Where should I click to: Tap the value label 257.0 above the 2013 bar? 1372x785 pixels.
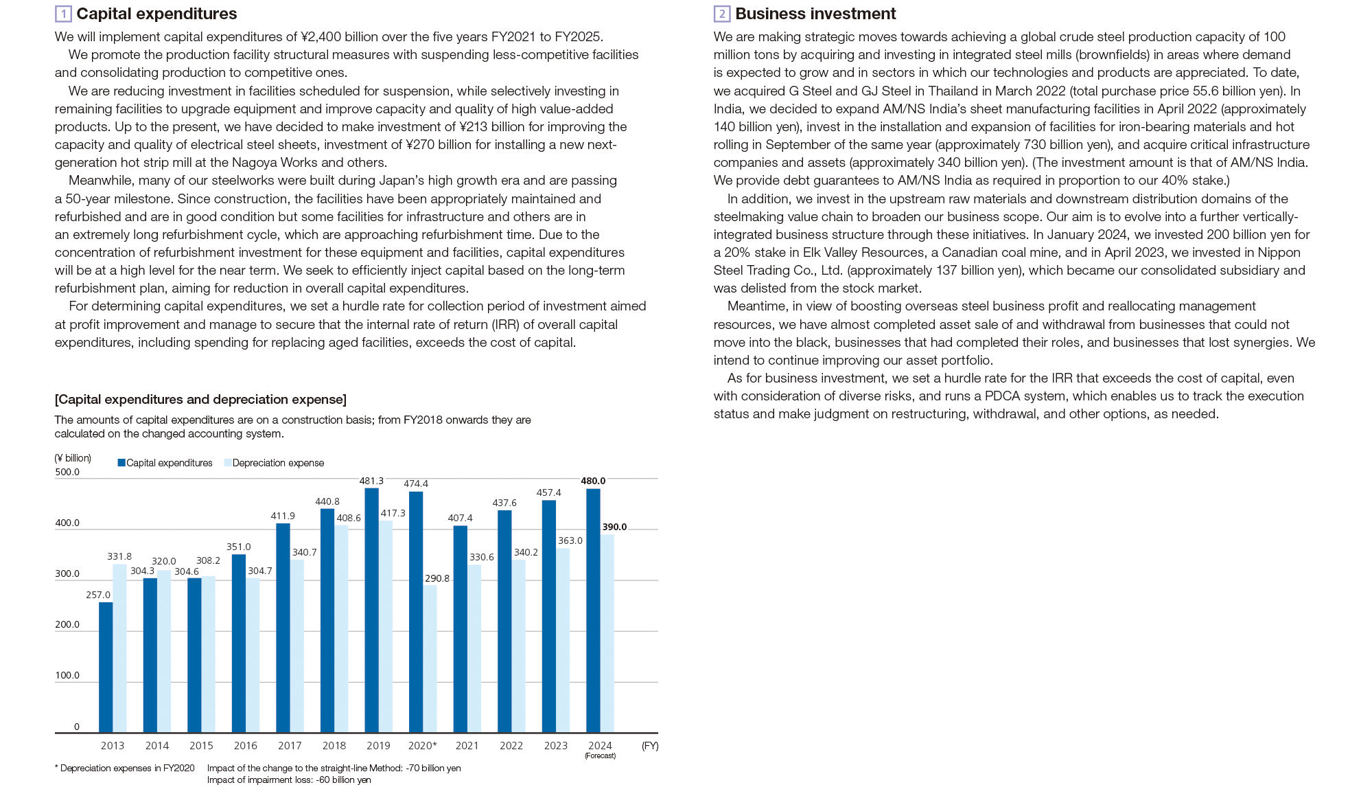(98, 595)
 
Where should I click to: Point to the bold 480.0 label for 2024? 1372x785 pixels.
(593, 481)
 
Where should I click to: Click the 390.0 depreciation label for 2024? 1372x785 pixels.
(614, 527)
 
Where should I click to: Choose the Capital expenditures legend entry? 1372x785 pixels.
(165, 463)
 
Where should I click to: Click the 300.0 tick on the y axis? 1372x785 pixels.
(67, 573)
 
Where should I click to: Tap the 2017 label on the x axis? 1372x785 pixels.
(290, 745)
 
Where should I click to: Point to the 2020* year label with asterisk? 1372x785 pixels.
(422, 745)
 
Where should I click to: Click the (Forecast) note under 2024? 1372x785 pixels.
(600, 755)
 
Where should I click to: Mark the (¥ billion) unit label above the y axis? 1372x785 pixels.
(73, 458)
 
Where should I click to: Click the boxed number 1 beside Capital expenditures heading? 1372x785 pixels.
(63, 14)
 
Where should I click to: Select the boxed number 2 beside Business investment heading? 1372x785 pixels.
(721, 14)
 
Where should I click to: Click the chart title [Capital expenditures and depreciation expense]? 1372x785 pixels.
(200, 399)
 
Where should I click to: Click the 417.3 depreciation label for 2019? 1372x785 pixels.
(393, 513)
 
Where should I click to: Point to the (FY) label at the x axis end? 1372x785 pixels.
(649, 745)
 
